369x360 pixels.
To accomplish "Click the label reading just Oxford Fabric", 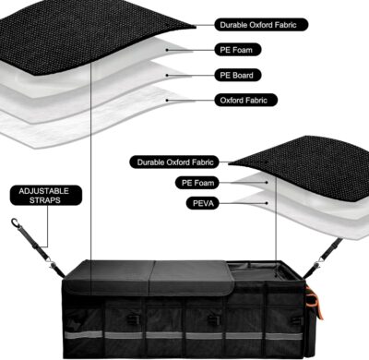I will pyautogui.click(x=249, y=100).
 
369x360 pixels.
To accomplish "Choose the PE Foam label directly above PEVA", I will pyautogui.click(x=196, y=184).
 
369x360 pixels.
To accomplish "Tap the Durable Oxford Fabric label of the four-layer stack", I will pyautogui.click(x=261, y=26).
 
